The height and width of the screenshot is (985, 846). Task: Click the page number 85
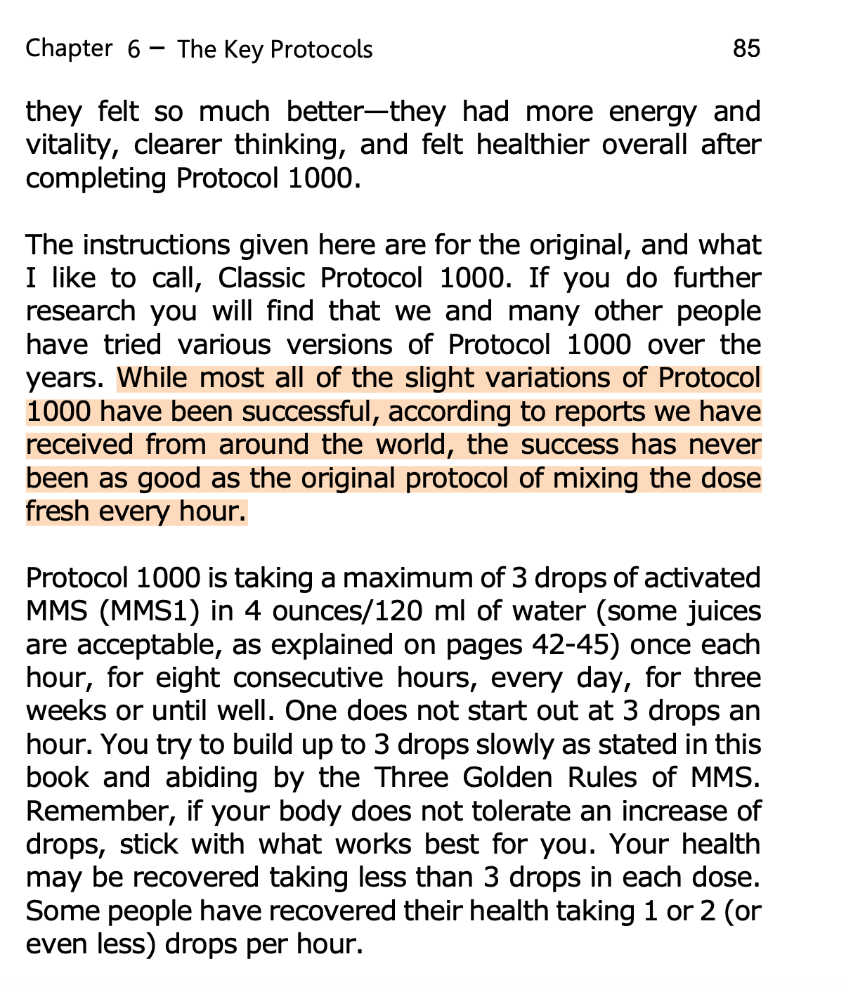click(746, 48)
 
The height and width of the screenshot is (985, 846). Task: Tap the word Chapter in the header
click(68, 48)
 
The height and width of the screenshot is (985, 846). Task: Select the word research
click(80, 311)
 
